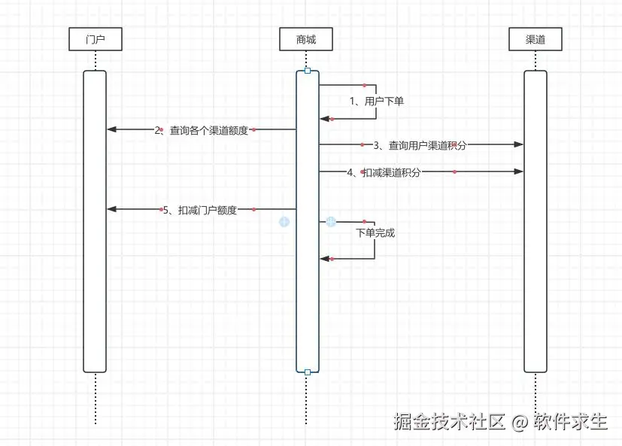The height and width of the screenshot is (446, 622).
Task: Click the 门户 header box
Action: click(x=96, y=39)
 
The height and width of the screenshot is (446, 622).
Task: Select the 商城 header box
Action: click(x=306, y=39)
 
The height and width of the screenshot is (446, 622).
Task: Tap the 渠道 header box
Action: click(x=536, y=39)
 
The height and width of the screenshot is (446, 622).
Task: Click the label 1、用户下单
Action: click(x=377, y=102)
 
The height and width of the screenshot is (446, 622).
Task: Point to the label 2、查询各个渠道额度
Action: click(x=201, y=130)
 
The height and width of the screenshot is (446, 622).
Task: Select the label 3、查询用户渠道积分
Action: click(x=420, y=146)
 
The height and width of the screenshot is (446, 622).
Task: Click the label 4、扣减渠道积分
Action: click(x=384, y=172)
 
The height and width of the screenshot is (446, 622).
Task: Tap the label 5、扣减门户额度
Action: click(x=200, y=211)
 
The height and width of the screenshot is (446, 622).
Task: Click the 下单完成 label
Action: click(x=375, y=233)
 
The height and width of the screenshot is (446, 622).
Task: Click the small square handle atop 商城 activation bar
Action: click(x=308, y=71)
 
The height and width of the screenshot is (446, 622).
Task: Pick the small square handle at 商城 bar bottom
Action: click(x=308, y=372)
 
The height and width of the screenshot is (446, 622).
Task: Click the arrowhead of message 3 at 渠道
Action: click(x=518, y=144)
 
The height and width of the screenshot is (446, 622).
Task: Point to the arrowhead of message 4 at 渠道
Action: click(x=518, y=171)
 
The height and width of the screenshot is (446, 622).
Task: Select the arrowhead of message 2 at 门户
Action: click(x=112, y=129)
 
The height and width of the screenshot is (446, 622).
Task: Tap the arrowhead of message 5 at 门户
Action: click(x=112, y=209)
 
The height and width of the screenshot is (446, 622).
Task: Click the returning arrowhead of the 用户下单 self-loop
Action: click(x=325, y=119)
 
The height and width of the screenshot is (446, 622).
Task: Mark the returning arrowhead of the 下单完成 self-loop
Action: click(x=325, y=259)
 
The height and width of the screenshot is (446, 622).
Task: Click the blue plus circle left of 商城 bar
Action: click(x=284, y=222)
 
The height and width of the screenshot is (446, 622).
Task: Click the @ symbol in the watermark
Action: click(x=519, y=422)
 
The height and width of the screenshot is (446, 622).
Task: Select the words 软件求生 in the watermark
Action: click(x=570, y=421)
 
